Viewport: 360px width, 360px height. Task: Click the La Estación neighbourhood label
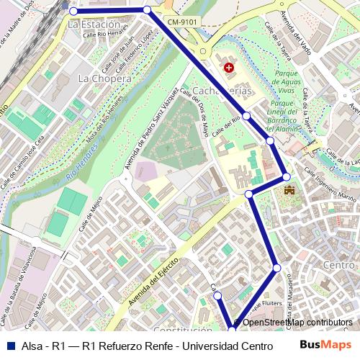pos(94,24)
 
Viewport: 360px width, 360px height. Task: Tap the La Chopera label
pos(104,78)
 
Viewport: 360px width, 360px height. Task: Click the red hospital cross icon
pos(229,68)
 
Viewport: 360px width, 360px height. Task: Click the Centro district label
pos(340,266)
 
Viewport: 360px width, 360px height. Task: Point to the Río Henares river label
pos(81,161)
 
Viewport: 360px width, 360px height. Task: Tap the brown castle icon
pos(289,191)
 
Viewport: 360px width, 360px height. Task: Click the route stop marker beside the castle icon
pos(286,176)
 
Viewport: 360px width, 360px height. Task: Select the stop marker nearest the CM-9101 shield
pos(147,10)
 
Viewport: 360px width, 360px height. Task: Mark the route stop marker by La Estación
pos(73,11)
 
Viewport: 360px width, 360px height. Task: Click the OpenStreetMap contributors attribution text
pos(297,323)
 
